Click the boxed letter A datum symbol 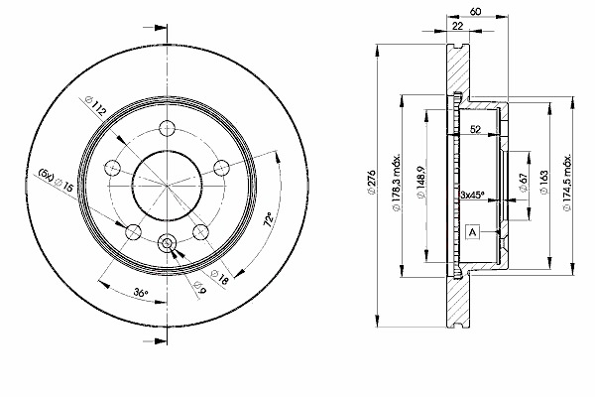click(x=472, y=231)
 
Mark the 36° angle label click(x=140, y=294)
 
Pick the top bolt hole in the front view click(x=167, y=128)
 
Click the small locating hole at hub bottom click(x=167, y=241)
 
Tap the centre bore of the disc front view click(x=167, y=187)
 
